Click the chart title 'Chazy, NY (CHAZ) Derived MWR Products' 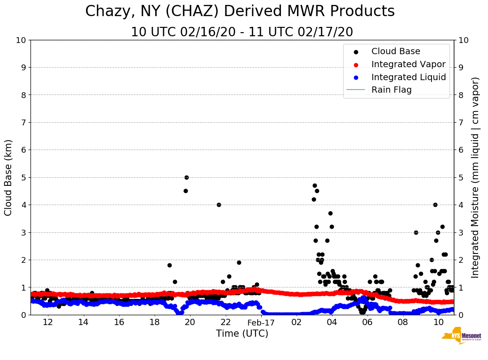tap(240, 12)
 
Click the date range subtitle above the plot tap(242, 32)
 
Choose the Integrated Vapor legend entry tap(408, 64)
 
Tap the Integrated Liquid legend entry tap(409, 77)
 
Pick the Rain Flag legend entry tap(391, 90)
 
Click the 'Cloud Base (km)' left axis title tap(9, 177)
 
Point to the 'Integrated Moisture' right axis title tap(475, 177)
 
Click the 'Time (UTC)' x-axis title tap(242, 334)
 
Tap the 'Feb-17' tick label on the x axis tap(260, 322)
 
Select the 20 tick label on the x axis tap(190, 322)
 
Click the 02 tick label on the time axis tap(296, 322)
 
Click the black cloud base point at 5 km tap(186, 177)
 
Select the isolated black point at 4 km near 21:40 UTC tap(219, 205)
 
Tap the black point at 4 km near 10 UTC tap(435, 205)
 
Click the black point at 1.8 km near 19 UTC tap(169, 265)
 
